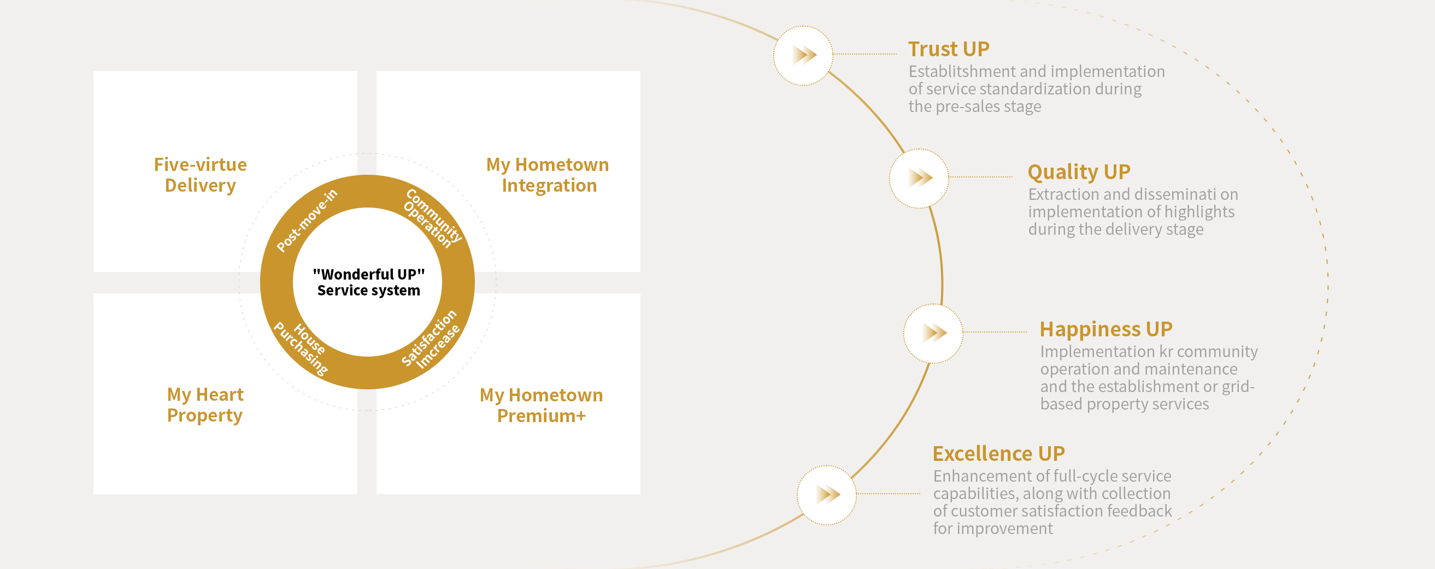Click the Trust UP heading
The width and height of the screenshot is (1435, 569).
(x=949, y=49)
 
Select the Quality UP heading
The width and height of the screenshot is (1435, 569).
(x=1079, y=172)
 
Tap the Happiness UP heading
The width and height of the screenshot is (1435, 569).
(x=1107, y=330)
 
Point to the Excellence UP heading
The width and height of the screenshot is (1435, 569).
(x=999, y=454)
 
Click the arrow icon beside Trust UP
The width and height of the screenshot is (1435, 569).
(x=803, y=55)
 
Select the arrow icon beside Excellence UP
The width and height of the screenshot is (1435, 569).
(x=827, y=494)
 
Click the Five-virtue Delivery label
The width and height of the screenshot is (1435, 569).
(x=201, y=175)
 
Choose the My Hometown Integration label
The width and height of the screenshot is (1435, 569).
(x=548, y=175)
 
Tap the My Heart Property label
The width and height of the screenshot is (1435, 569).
(x=205, y=405)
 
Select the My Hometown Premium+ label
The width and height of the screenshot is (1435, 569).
(x=542, y=405)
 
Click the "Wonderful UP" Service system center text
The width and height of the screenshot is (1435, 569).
(x=368, y=282)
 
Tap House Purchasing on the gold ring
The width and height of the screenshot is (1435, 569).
(x=301, y=348)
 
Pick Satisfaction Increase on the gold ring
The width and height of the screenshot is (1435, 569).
(x=431, y=339)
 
